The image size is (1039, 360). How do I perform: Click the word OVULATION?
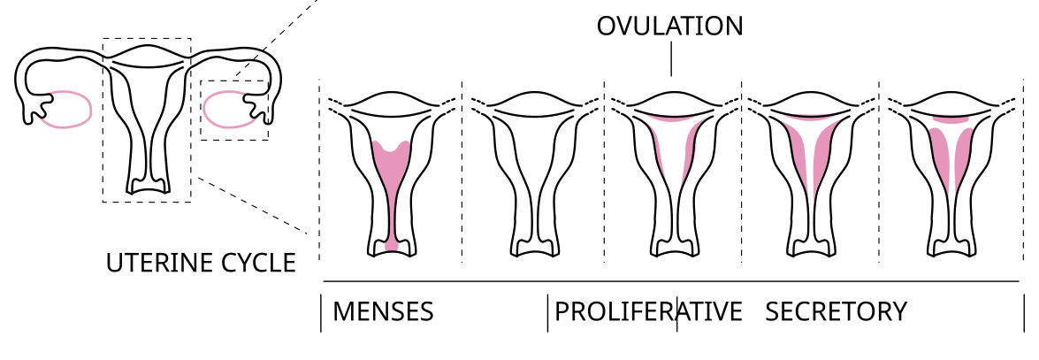pyautogui.click(x=669, y=27)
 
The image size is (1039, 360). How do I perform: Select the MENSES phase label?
pyautogui.click(x=382, y=312)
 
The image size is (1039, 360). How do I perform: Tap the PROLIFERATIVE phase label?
pyautogui.click(x=648, y=312)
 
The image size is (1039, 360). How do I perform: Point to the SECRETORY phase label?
pyautogui.click(x=836, y=312)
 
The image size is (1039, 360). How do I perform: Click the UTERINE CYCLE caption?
pyautogui.click(x=201, y=264)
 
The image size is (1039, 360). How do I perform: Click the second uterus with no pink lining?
pyautogui.click(x=533, y=177)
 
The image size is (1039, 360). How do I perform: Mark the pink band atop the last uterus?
pyautogui.click(x=951, y=118)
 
